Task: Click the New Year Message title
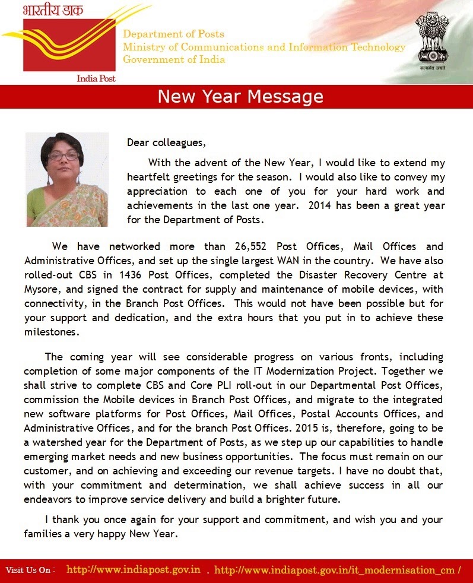[x=240, y=97]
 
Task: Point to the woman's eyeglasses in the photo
[x=64, y=156]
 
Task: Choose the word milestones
[x=52, y=332]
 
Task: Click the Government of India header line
[x=174, y=59]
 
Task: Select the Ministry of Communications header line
[x=264, y=47]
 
